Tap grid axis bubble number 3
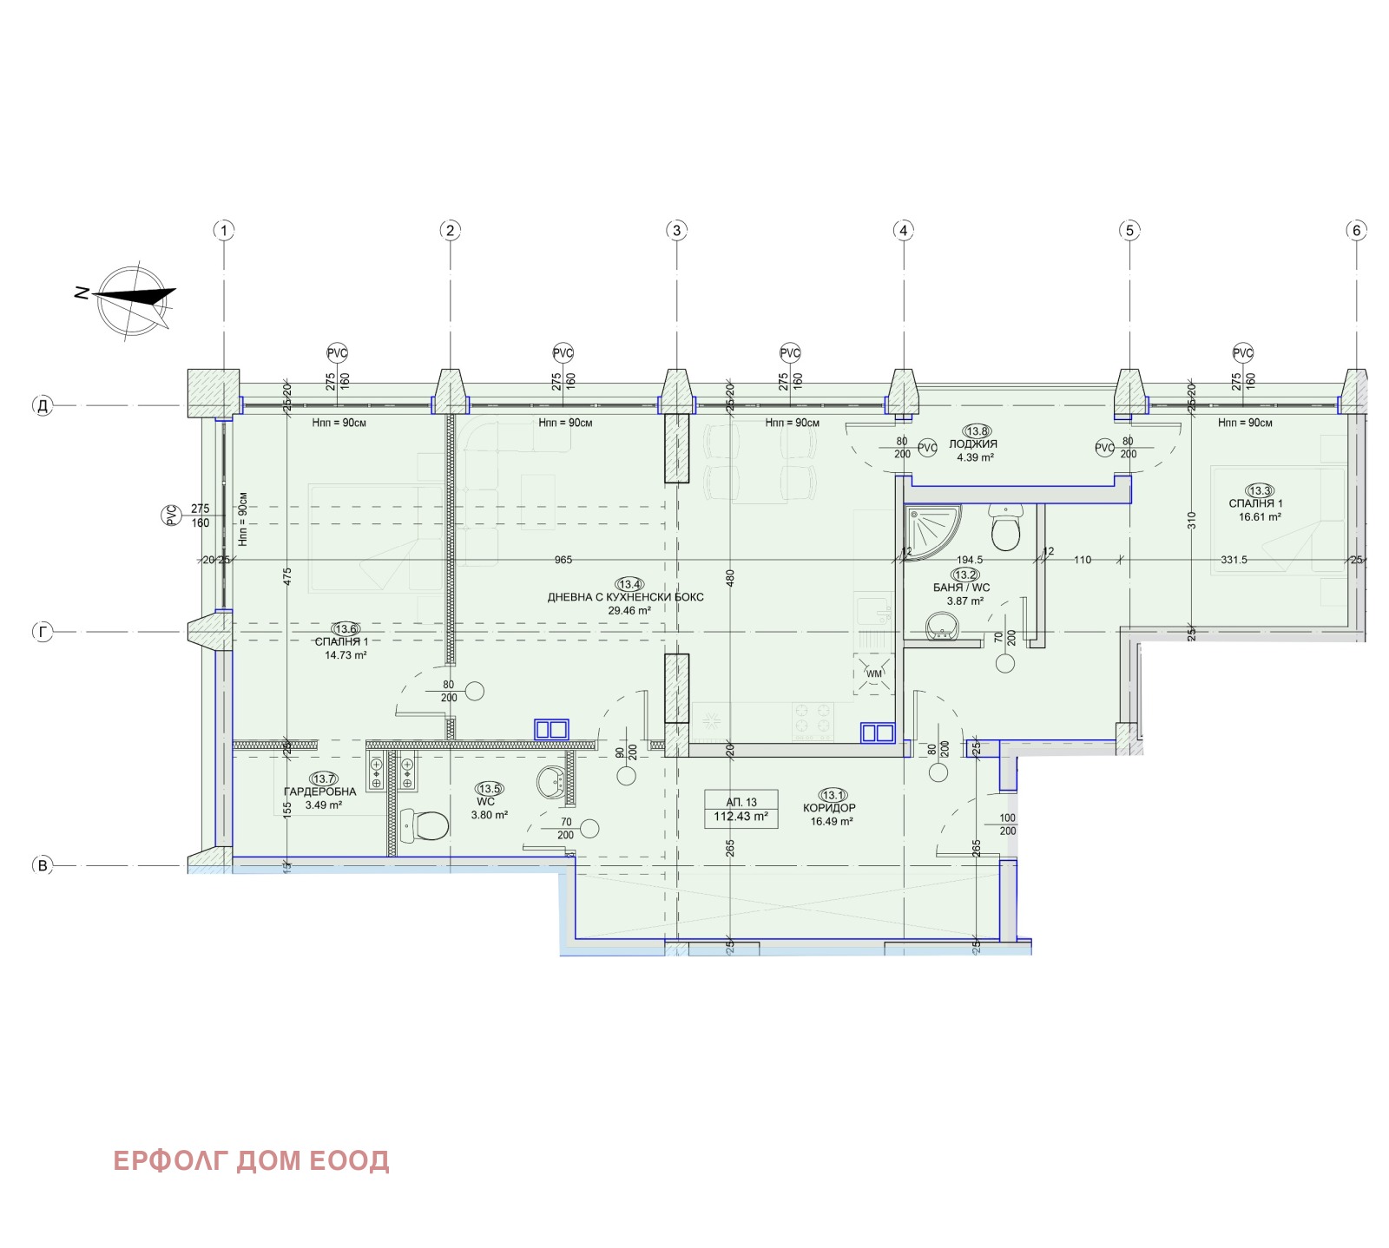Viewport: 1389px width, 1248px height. pos(676,230)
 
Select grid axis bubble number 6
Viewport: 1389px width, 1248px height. pos(1356,230)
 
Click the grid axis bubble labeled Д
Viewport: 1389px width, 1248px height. pos(43,405)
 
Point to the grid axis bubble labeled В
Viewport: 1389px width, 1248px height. pos(43,864)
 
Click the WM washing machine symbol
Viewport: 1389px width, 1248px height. pos(874,673)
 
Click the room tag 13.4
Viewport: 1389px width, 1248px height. pos(629,584)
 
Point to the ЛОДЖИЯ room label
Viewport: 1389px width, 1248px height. pos(973,443)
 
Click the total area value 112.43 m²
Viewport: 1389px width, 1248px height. pos(741,817)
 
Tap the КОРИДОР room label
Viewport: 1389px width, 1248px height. pos(829,808)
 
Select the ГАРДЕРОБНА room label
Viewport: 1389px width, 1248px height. pos(319,791)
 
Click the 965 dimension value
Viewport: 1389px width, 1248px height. pos(563,560)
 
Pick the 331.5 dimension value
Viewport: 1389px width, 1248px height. pos(1234,560)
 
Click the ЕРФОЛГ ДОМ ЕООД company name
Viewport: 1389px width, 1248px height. pos(251,1160)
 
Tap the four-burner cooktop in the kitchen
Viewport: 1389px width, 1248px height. pos(813,720)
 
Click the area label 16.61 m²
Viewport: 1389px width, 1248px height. pos(1260,517)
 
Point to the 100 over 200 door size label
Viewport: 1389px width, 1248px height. pos(1007,824)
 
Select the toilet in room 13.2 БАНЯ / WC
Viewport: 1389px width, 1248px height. pos(1006,529)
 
